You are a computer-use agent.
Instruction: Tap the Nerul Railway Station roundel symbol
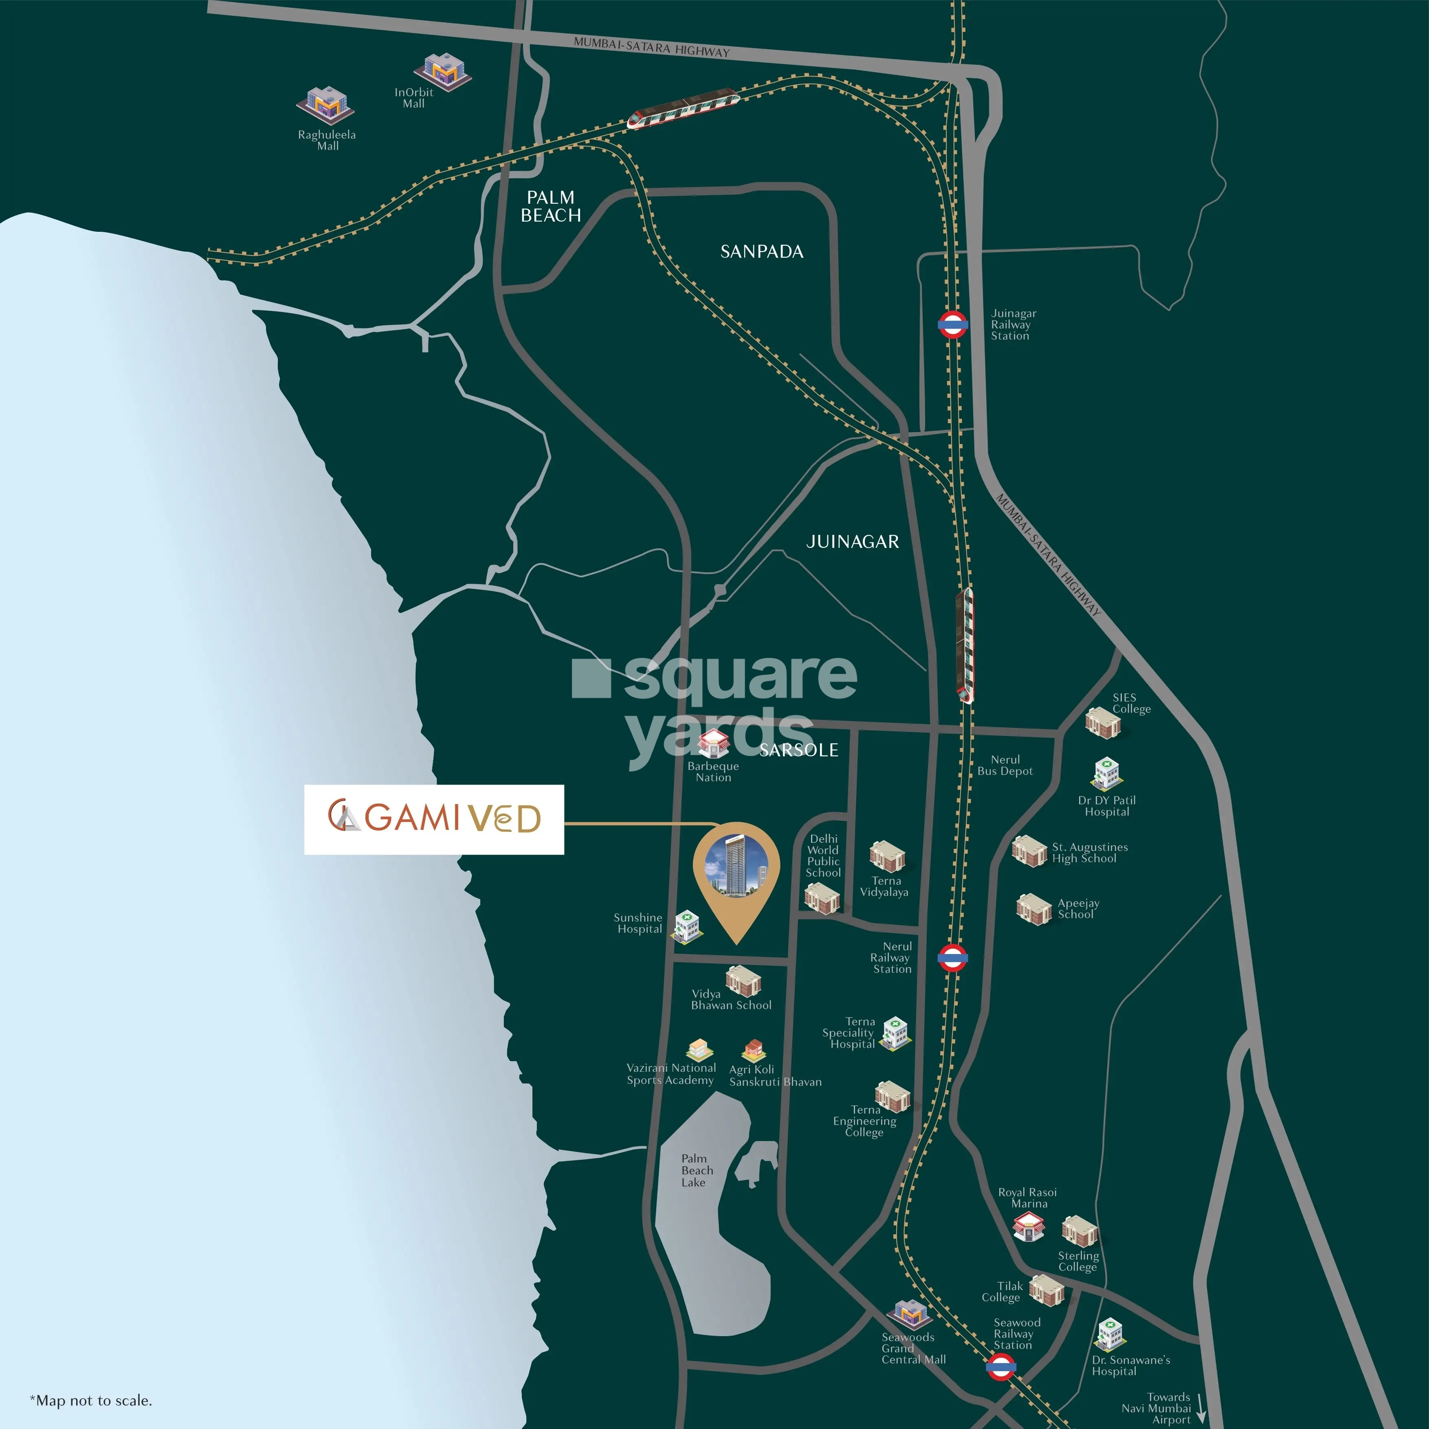(x=952, y=957)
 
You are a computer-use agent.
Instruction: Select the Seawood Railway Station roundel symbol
(x=1001, y=1367)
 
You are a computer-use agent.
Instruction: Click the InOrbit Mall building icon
(x=442, y=72)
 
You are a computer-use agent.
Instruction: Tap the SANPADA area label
(x=762, y=251)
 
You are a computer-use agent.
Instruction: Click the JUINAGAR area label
(x=852, y=541)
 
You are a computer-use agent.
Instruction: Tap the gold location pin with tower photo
(x=736, y=873)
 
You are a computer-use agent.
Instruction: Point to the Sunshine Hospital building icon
(x=687, y=925)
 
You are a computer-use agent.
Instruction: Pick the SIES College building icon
(x=1102, y=723)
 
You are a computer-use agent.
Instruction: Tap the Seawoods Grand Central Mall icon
(x=910, y=1315)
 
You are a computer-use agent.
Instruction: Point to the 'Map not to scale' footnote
(x=91, y=1400)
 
